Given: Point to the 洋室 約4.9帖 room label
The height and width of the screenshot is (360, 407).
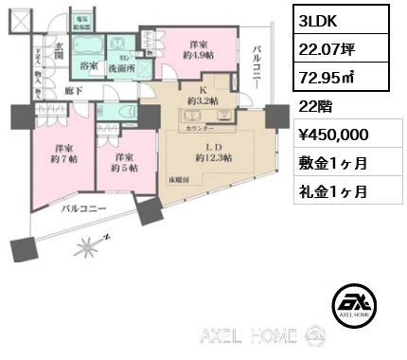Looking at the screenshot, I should point(197,49).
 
